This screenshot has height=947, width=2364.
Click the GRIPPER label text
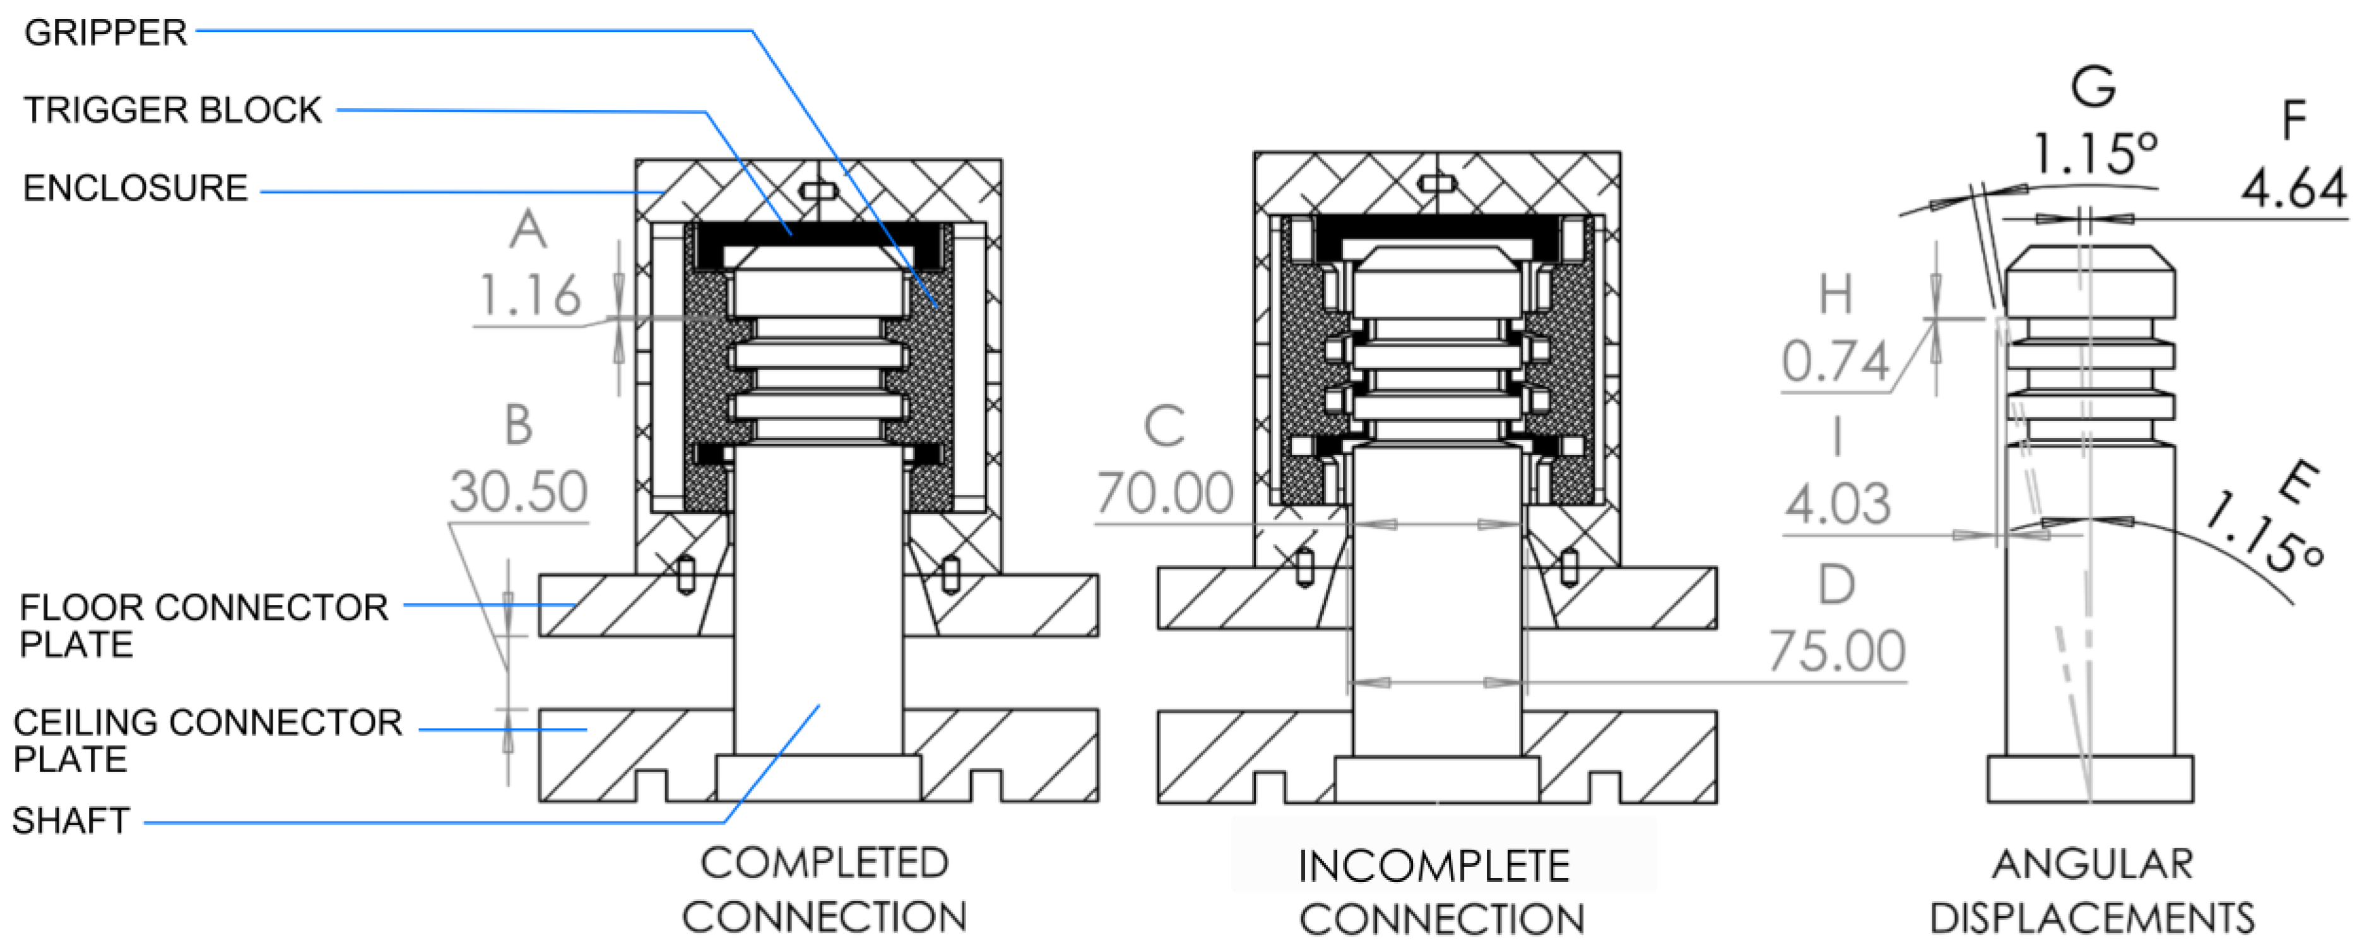[x=105, y=33]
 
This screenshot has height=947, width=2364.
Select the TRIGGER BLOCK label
[x=172, y=110]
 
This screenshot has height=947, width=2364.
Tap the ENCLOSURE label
[x=135, y=188]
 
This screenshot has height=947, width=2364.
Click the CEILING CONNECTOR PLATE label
[x=208, y=741]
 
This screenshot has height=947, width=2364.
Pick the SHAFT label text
[x=71, y=820]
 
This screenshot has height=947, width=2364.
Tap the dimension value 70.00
[x=1164, y=494]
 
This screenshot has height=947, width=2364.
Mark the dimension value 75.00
[x=1836, y=652]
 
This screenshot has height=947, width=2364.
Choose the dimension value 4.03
[x=1837, y=504]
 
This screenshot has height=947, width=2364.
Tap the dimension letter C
[x=1164, y=427]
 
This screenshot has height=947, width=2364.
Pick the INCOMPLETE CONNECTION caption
[x=1441, y=892]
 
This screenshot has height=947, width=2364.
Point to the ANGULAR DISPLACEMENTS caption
[x=2093, y=891]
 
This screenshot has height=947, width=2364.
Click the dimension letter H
[x=1835, y=295]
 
